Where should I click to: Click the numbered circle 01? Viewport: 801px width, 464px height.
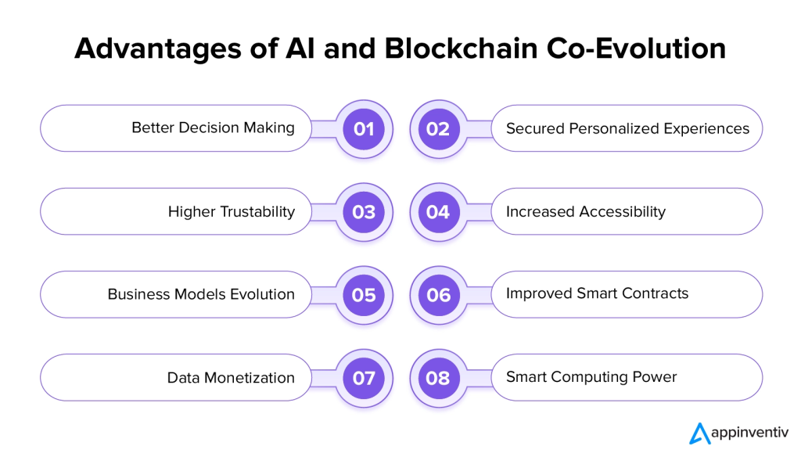point(364,129)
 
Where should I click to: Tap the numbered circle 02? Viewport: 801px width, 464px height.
point(438,129)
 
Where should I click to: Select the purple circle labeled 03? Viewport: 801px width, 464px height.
point(364,212)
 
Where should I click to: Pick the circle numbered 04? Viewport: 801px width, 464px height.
point(438,212)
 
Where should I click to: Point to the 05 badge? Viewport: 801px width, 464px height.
point(364,295)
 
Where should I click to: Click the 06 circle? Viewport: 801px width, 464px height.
point(438,295)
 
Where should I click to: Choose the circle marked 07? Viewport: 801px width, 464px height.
point(364,378)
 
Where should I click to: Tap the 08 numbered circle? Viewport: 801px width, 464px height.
point(438,378)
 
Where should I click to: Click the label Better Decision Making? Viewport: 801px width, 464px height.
point(213,128)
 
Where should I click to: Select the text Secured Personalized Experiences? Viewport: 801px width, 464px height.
point(628,129)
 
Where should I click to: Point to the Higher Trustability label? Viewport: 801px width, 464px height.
point(232,211)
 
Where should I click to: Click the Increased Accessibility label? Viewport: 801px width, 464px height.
point(586,211)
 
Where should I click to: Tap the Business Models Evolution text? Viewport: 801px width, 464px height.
point(201,294)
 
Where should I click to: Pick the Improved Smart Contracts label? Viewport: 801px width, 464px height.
point(597,293)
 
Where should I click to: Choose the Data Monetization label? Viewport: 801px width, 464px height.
point(231,378)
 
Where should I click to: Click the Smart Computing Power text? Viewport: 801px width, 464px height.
point(591,377)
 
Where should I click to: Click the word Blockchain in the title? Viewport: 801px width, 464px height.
point(462,49)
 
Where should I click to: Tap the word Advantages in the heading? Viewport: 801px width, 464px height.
point(158,49)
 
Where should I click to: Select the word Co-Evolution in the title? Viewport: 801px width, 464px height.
point(637,49)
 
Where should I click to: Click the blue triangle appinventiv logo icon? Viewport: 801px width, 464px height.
point(700,433)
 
